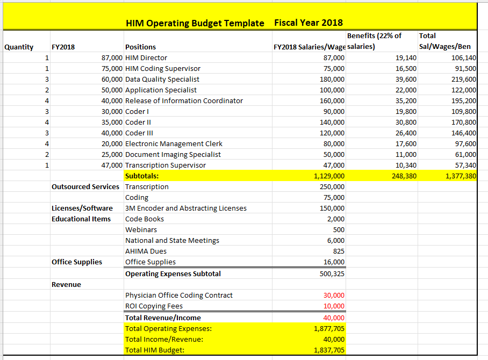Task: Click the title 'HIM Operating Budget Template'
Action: [x=195, y=23]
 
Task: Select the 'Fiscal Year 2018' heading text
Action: [x=308, y=23]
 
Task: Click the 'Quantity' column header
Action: [x=19, y=47]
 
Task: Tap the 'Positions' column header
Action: [x=140, y=47]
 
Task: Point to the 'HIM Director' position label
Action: [x=146, y=58]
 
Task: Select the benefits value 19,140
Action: [x=406, y=58]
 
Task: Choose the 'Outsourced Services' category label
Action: [x=85, y=187]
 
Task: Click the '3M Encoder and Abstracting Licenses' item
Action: [x=185, y=208]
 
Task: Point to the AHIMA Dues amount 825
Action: [x=339, y=251]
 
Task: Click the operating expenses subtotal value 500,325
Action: [x=332, y=274]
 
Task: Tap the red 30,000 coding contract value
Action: [x=334, y=296]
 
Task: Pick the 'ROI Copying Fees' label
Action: [x=154, y=306]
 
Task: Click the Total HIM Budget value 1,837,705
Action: [x=329, y=350]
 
